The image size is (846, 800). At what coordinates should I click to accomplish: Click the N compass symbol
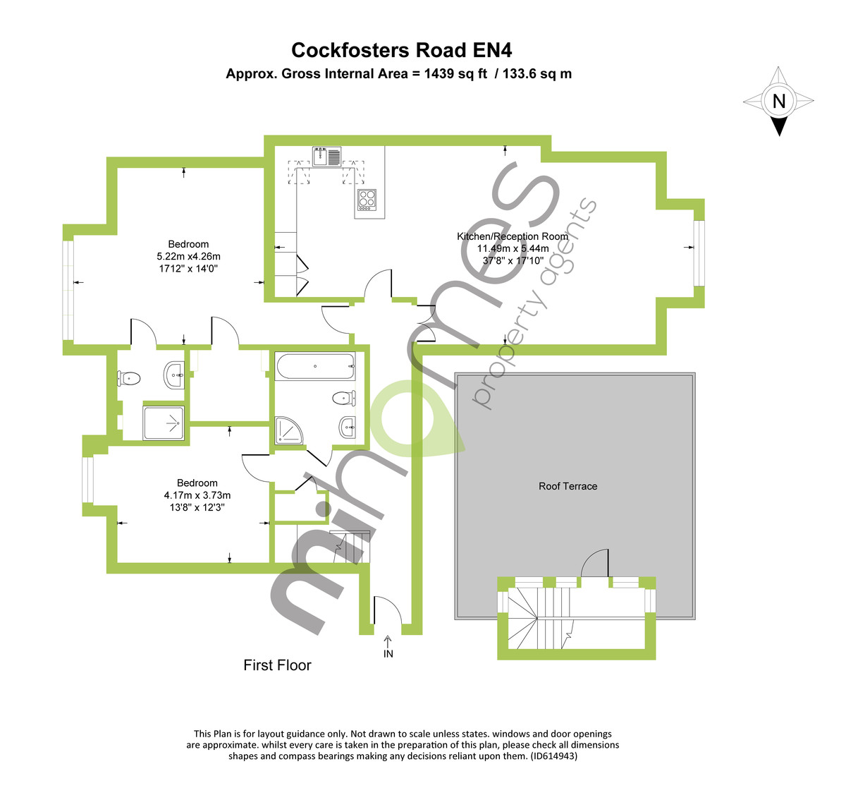click(x=778, y=101)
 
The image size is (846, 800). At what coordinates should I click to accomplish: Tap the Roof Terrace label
click(x=568, y=486)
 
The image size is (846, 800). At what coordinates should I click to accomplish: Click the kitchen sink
click(x=326, y=156)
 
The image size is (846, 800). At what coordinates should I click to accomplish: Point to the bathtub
click(x=315, y=366)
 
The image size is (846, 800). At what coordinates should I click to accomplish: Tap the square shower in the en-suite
click(x=164, y=423)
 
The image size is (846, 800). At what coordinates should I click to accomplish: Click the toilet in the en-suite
click(x=129, y=379)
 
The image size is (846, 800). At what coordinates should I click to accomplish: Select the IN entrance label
click(x=388, y=654)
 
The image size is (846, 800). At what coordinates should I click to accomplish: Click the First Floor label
click(x=277, y=665)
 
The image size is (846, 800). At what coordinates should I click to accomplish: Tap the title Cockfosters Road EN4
click(x=401, y=50)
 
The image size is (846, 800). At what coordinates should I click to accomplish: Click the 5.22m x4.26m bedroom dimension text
click(x=188, y=257)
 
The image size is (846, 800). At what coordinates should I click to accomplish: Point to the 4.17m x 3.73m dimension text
click(x=197, y=495)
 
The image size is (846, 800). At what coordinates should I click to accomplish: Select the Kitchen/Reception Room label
click(x=513, y=236)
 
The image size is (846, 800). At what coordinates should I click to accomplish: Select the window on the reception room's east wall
click(x=699, y=253)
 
